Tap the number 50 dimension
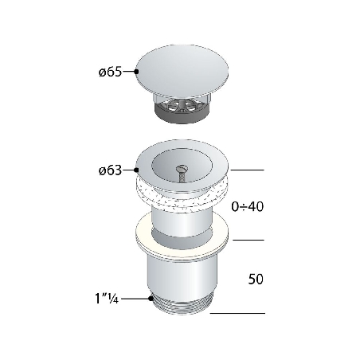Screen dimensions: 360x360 (x=255, y=280)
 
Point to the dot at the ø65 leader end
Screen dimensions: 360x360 (x=138, y=72)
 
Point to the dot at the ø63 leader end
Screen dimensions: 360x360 (x=137, y=170)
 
